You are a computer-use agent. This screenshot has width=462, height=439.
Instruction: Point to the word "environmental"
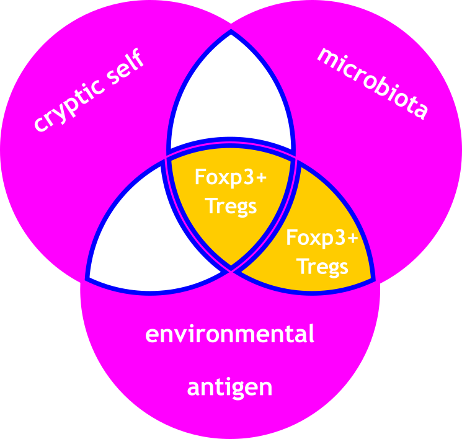[x=229, y=334]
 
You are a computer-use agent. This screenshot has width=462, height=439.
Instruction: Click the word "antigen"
[x=229, y=388]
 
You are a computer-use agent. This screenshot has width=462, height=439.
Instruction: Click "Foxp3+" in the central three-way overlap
[x=230, y=177]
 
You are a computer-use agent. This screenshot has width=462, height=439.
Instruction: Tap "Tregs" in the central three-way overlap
[x=231, y=205]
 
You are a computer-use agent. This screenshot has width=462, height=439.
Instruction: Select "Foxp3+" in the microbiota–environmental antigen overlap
[x=322, y=239]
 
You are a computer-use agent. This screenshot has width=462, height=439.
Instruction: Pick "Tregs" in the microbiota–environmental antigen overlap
[x=322, y=267]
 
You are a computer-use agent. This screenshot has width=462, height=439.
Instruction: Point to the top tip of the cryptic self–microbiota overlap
[x=231, y=32]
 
